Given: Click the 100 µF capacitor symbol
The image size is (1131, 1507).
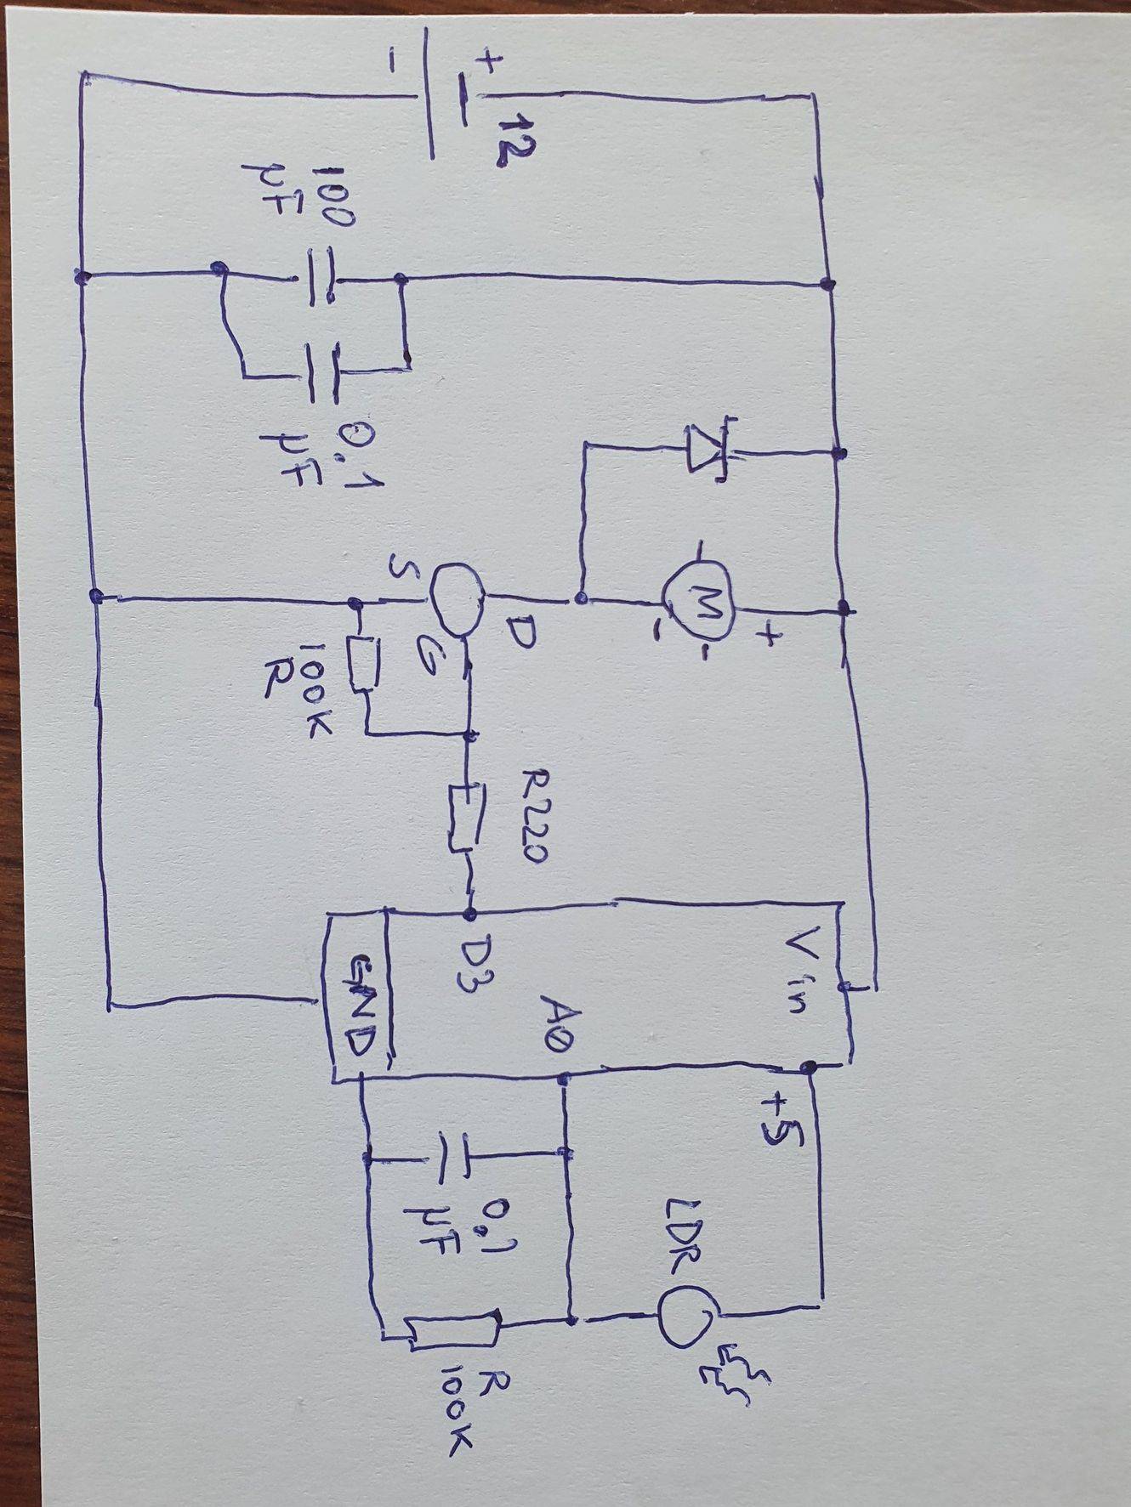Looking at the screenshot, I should coord(319,277).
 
